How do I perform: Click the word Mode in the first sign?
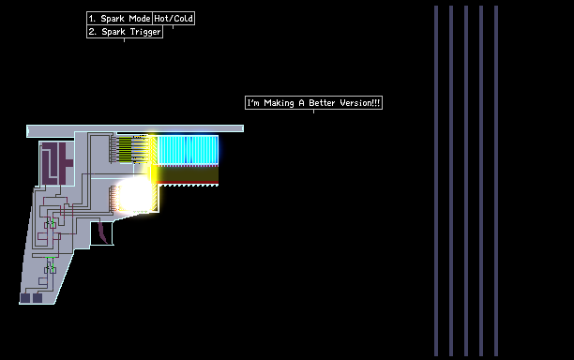pos(140,19)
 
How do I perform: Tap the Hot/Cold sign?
pos(174,19)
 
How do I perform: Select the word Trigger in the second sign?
pos(145,32)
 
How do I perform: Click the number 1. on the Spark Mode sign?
pos(92,19)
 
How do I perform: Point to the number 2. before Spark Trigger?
pos(92,32)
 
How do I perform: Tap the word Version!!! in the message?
pos(360,103)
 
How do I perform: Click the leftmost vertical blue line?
pos(436,181)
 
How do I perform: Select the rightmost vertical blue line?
pos(496,181)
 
